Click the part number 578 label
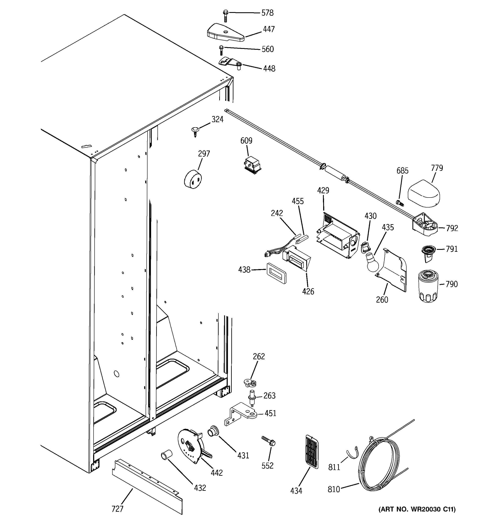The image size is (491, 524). click(x=267, y=13)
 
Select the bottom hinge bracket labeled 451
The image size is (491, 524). click(x=240, y=416)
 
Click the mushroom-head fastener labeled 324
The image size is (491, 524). click(x=194, y=131)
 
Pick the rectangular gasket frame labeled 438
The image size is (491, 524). click(x=276, y=273)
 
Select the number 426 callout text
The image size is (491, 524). click(x=308, y=291)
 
